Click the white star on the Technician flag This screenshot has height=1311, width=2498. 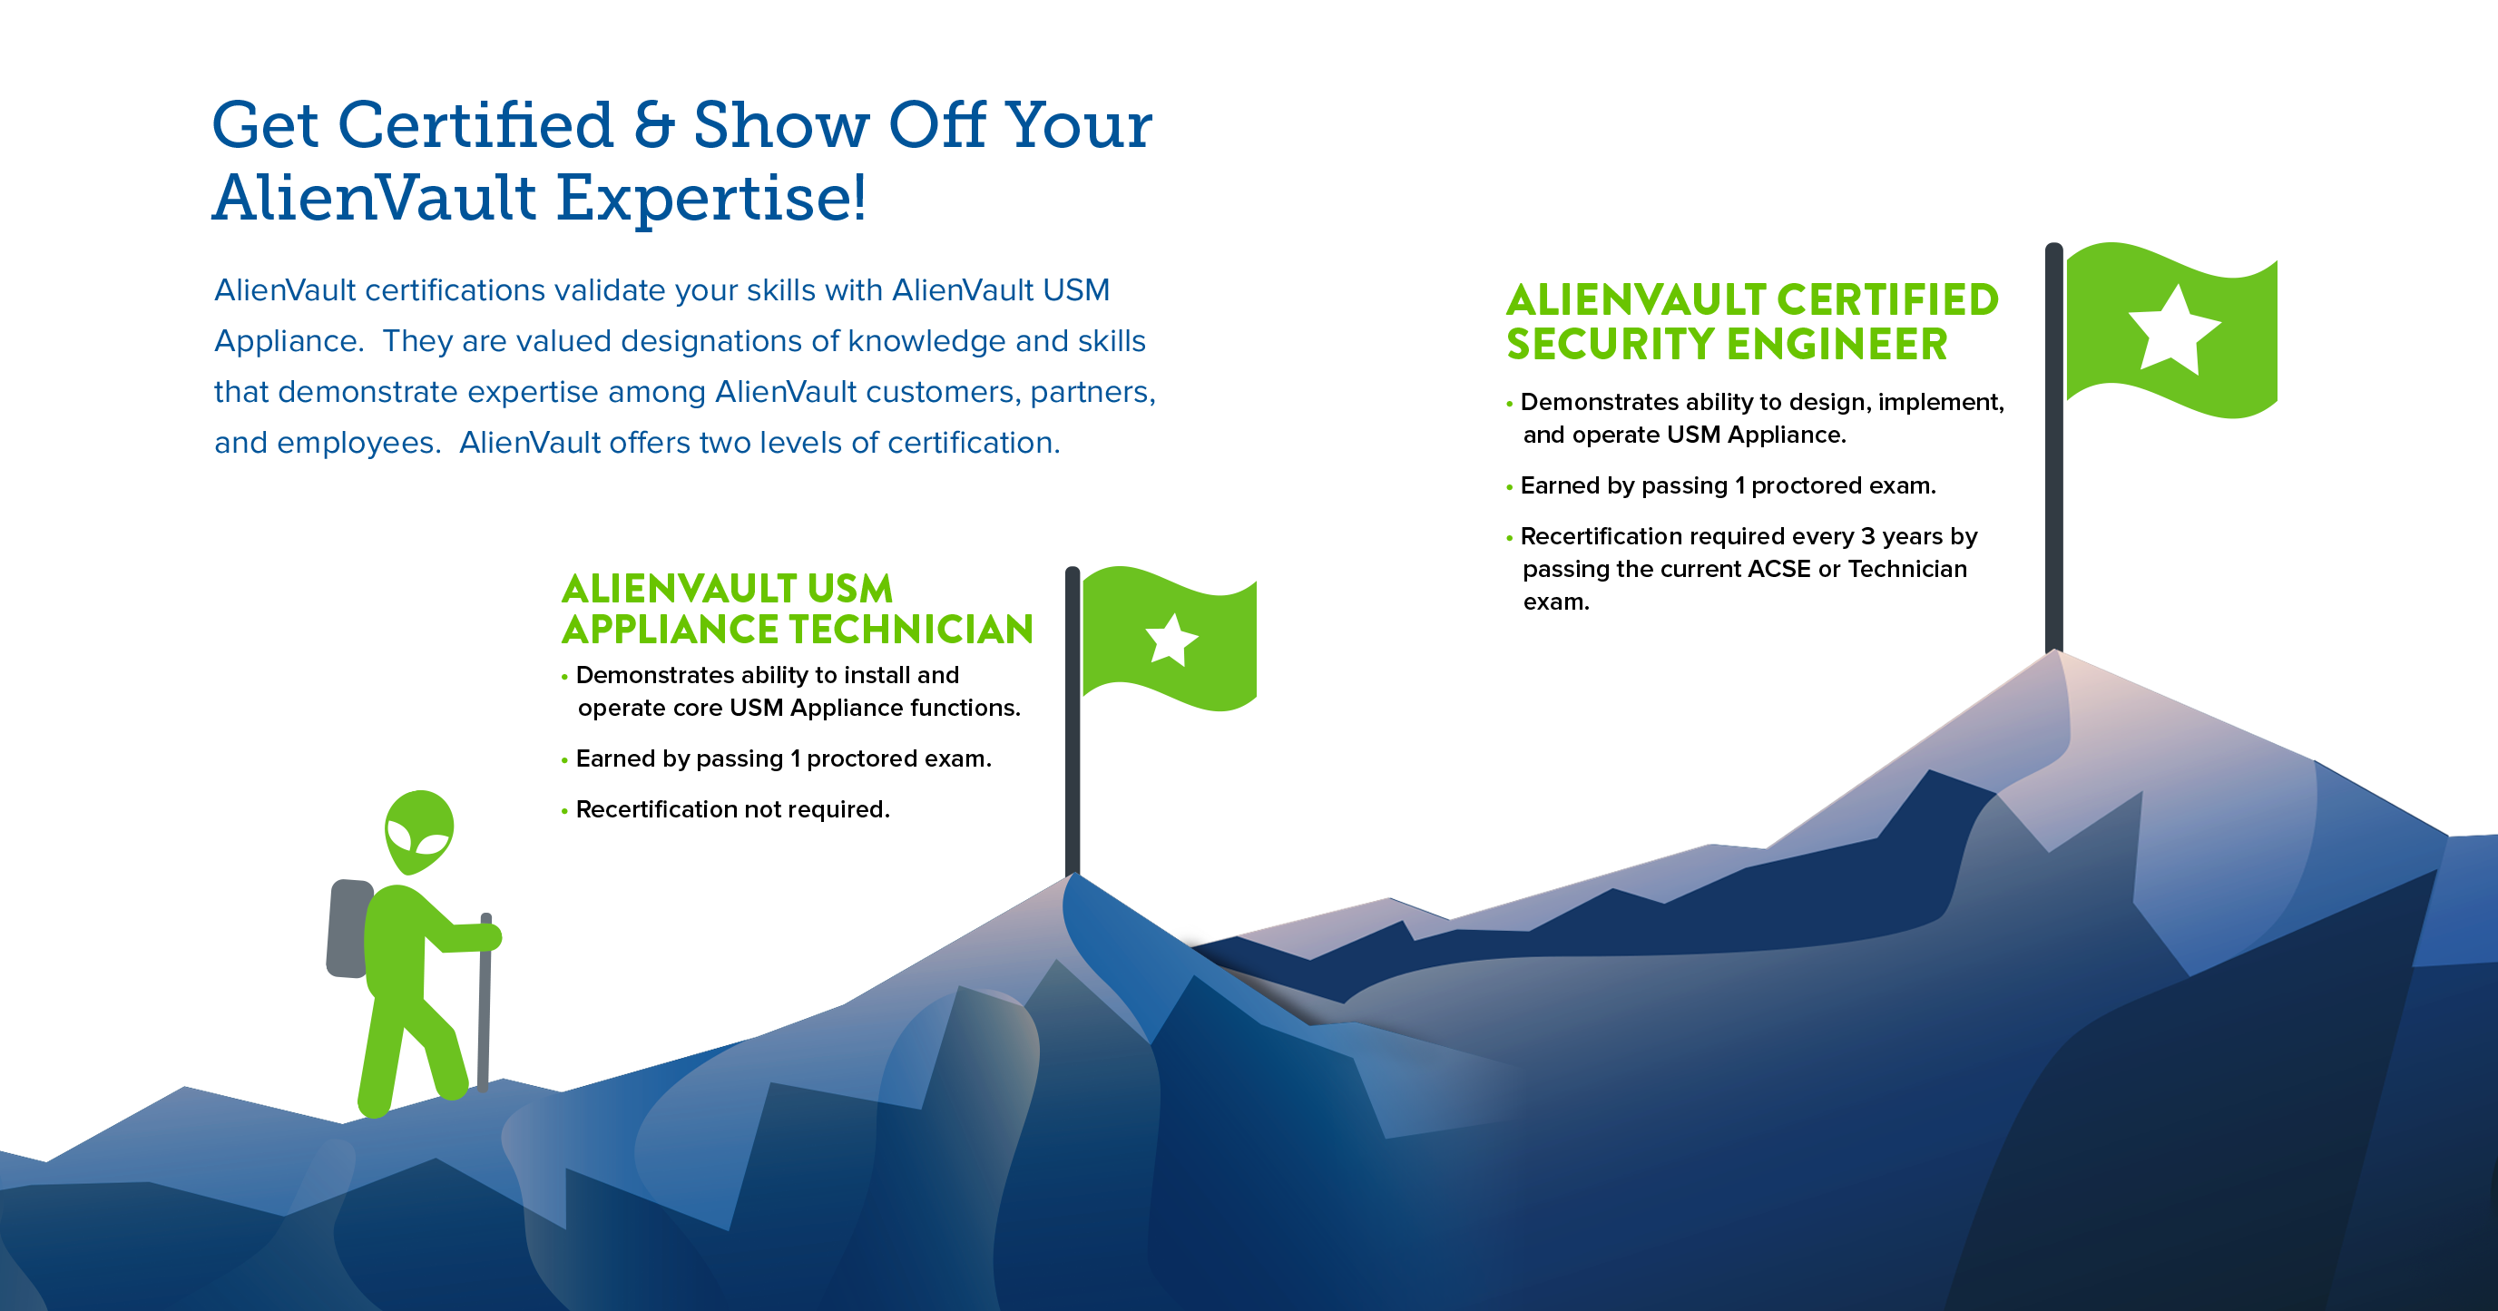tap(1171, 640)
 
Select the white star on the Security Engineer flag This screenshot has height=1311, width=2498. tap(2172, 329)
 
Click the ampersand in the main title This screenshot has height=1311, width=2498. tap(653, 126)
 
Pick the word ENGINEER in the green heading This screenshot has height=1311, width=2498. tap(1837, 345)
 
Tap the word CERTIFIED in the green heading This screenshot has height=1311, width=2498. tap(1887, 300)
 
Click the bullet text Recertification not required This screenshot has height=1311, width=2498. tap(732, 809)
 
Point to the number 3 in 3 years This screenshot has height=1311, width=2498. tap(1866, 537)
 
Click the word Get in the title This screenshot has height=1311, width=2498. tap(265, 126)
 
